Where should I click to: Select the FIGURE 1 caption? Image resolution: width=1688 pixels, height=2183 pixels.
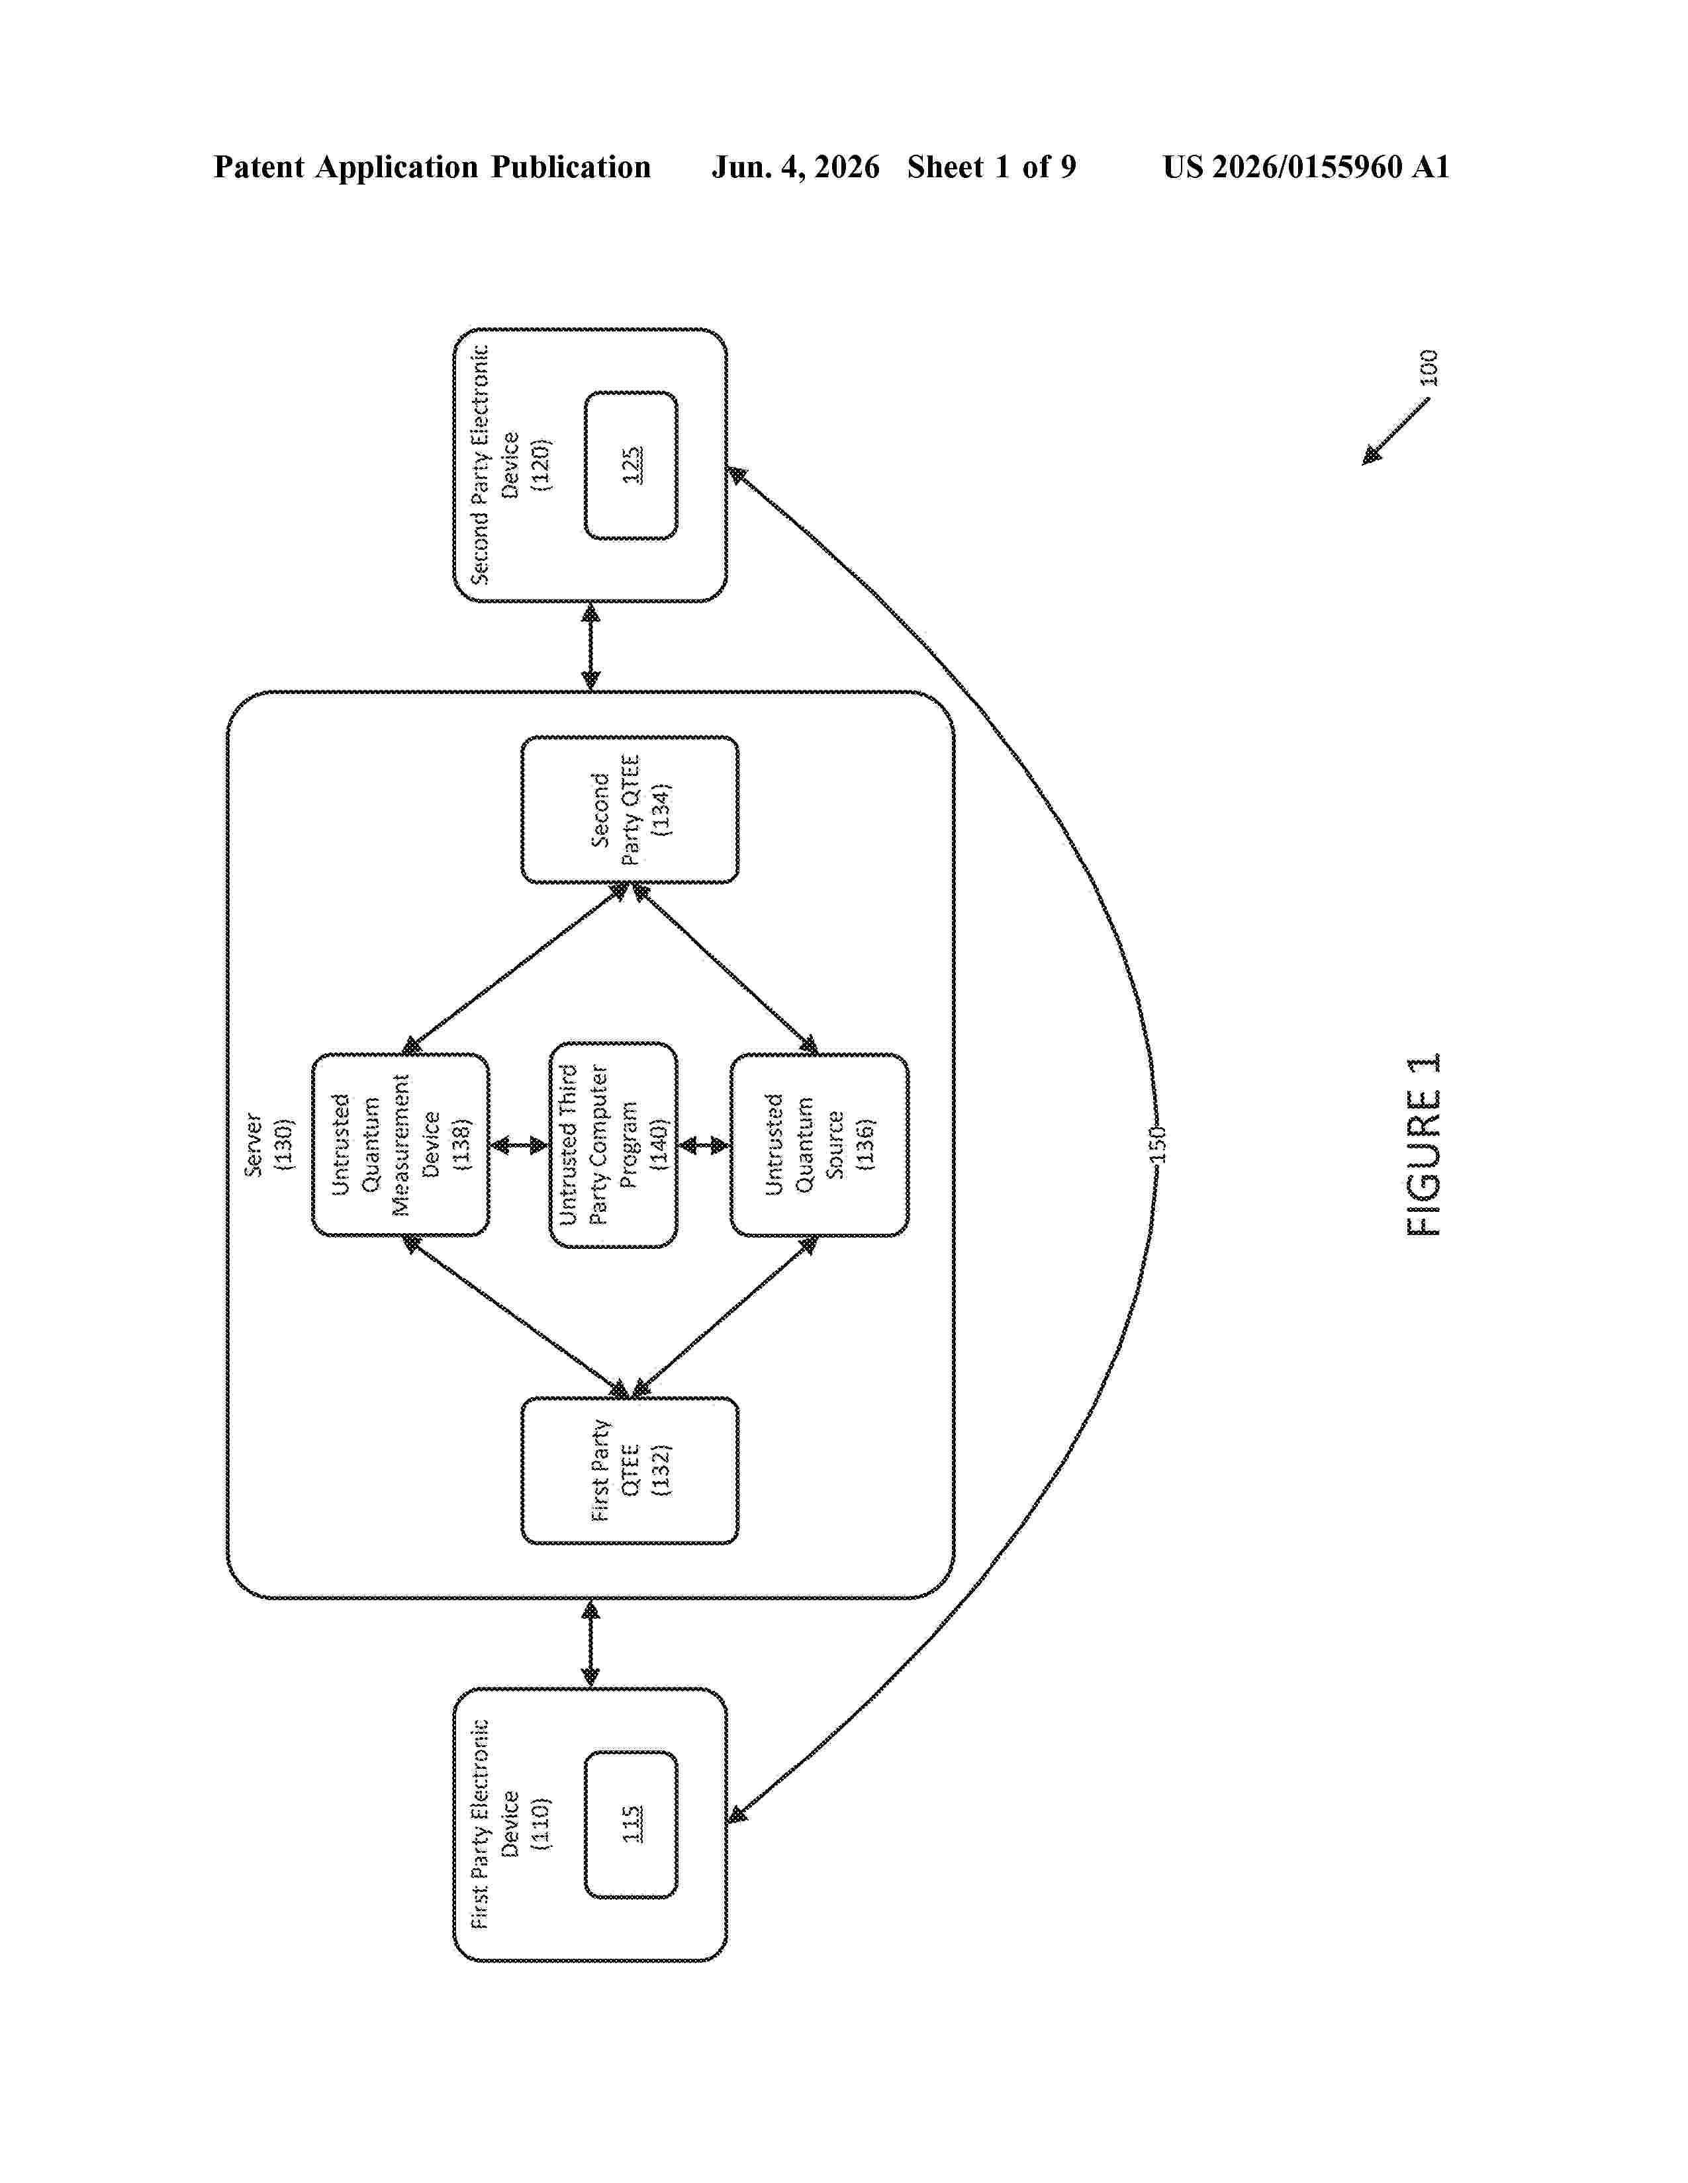coord(1424,1144)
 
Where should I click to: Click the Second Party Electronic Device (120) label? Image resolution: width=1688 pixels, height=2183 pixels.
coord(510,465)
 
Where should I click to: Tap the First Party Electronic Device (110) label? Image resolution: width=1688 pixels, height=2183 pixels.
coord(510,1824)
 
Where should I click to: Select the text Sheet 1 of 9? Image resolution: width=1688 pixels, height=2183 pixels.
coord(992,167)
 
